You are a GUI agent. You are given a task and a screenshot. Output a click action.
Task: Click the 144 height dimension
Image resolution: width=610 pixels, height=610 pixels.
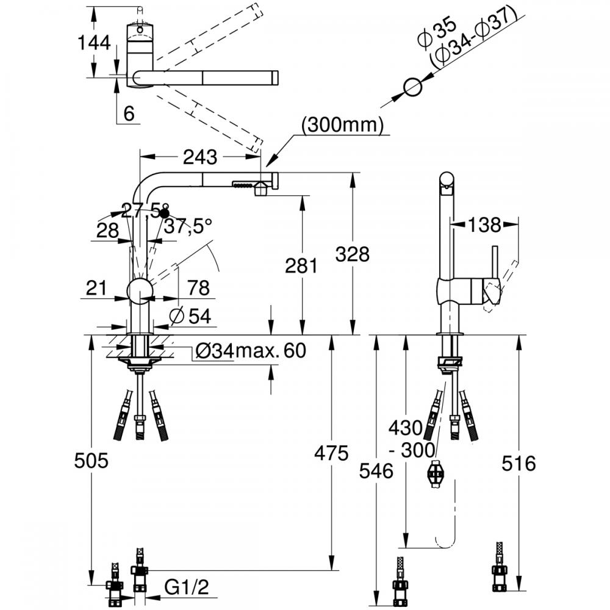click(94, 42)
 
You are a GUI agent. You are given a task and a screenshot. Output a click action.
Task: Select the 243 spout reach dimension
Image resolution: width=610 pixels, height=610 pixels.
click(200, 157)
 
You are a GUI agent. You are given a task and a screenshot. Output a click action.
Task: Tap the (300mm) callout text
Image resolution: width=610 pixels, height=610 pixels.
click(342, 125)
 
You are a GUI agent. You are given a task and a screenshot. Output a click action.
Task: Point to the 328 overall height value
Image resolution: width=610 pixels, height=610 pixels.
click(353, 254)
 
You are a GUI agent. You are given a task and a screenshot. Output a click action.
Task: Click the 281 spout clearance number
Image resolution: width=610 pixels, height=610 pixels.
click(301, 266)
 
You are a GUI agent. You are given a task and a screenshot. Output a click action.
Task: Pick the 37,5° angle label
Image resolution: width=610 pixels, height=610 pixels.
click(188, 226)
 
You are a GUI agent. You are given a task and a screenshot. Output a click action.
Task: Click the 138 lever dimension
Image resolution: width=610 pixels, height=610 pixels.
click(484, 225)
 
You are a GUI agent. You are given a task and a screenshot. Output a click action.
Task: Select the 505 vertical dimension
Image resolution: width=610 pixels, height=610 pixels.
click(91, 461)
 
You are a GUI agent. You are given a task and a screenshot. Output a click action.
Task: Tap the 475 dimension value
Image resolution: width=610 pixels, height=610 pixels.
click(331, 453)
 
